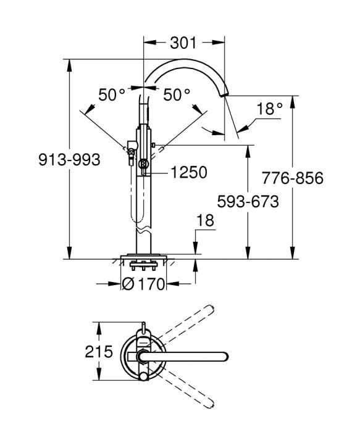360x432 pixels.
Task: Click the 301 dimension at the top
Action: [x=183, y=43]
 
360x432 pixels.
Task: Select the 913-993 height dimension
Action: [x=69, y=159]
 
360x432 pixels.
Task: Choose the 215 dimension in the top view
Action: [x=99, y=352]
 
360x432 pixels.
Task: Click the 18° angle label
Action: [x=269, y=109]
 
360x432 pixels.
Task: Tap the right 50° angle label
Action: [x=177, y=94]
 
